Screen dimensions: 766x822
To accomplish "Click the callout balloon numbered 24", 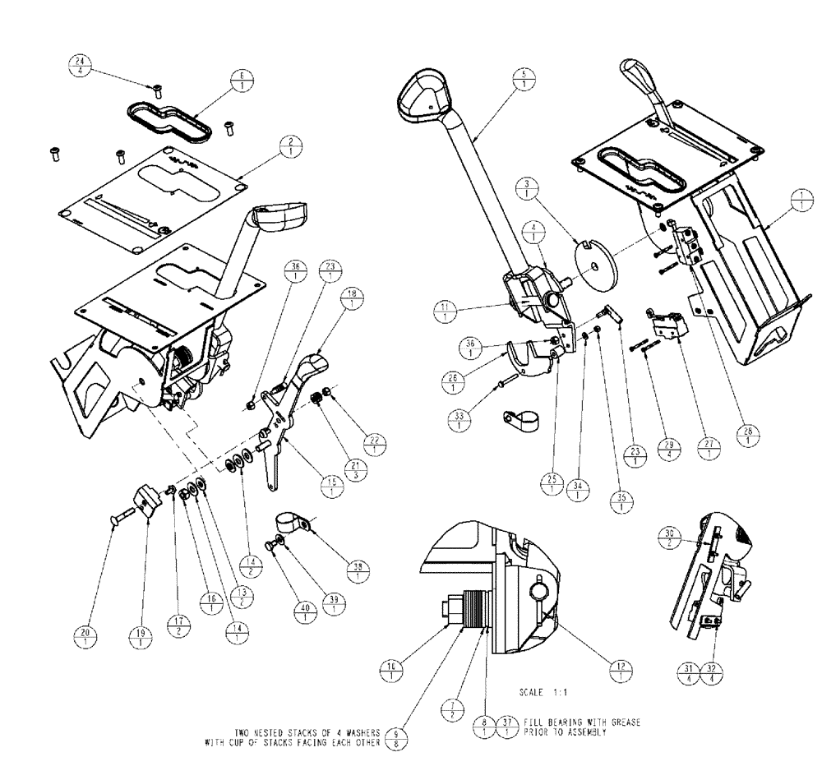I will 80,67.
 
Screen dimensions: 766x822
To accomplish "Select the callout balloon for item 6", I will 246,80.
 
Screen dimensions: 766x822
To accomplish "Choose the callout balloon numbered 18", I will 351,298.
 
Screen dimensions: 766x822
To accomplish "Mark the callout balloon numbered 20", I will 84,637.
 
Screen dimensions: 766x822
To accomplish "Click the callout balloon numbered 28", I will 748,436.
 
